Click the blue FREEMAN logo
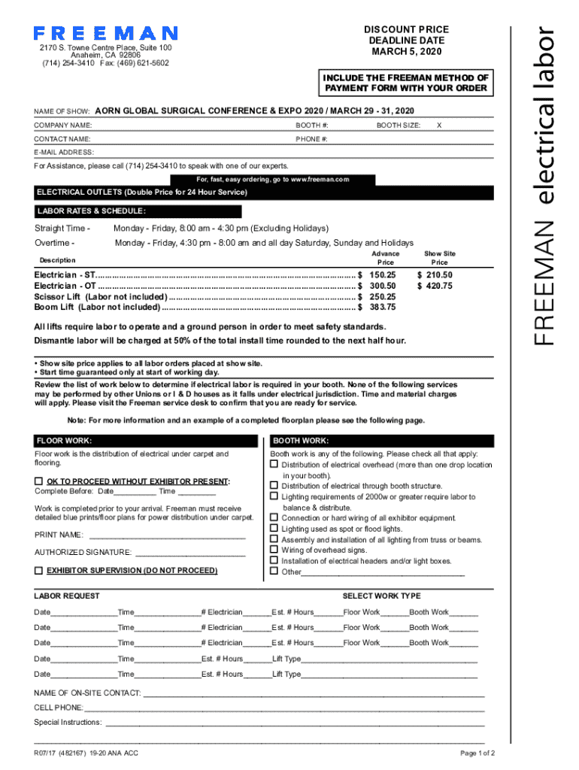pos(105,34)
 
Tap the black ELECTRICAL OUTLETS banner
pos(142,192)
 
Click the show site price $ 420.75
pos(435,286)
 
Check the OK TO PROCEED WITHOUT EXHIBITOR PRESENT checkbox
pos(39,481)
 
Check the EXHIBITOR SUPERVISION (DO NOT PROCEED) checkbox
pos(39,571)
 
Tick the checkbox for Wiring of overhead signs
pos(275,550)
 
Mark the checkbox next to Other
pos(275,571)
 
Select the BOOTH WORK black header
pos(301,441)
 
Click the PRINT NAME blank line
pos(166,535)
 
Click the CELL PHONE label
pos(59,708)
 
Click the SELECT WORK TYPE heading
pos(381,596)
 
